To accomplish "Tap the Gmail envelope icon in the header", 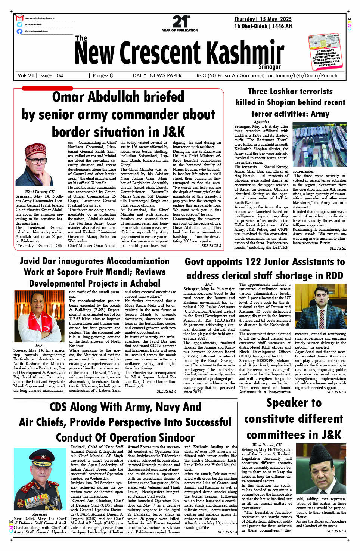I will coord(19,18).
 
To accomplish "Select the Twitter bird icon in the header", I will coord(19,25).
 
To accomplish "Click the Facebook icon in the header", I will coord(19,31).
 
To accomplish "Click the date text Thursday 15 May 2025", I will coord(263,19).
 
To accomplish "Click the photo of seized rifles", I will coord(319,146).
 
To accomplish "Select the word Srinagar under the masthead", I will coord(270,67).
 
